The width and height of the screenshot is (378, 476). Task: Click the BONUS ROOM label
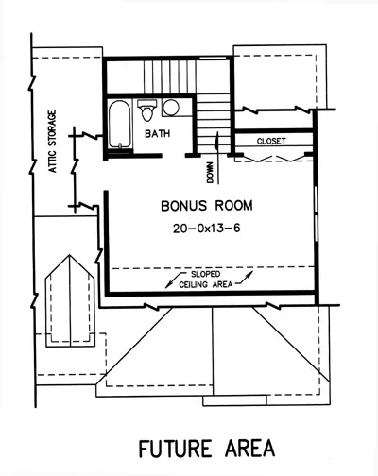coord(207,206)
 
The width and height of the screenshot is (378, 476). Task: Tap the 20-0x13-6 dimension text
coord(207,228)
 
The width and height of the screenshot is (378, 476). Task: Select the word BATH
coord(158,134)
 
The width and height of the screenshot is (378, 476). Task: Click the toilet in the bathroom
coord(147,110)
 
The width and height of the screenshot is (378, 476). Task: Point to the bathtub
coord(120,124)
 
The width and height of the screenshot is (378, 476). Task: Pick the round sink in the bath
coord(171,108)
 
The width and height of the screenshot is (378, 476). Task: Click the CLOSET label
coord(271,141)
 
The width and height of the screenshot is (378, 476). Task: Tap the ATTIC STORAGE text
coord(53,141)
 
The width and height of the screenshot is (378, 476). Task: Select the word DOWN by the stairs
coord(210,173)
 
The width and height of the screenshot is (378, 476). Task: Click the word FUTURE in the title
coord(175,449)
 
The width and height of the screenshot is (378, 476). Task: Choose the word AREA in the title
coord(249,449)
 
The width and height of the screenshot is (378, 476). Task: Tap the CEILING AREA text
coord(206,284)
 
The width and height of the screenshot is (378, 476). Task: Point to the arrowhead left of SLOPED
coord(169,285)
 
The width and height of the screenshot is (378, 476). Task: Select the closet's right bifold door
coord(292,158)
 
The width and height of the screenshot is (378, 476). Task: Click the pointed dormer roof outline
coord(70,301)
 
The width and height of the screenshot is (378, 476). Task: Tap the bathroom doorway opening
coord(173,156)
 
